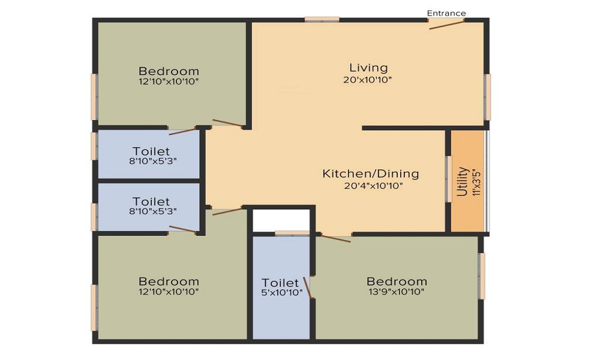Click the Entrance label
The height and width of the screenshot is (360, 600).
(446, 13)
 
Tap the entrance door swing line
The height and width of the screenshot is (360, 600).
(446, 25)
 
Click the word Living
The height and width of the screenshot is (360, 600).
(368, 68)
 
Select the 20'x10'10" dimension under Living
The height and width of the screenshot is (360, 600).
(368, 80)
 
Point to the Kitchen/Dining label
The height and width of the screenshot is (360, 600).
(371, 173)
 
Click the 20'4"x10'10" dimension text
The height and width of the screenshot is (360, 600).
(373, 187)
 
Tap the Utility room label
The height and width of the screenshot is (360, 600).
(462, 181)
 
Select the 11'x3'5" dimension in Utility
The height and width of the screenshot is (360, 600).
(476, 182)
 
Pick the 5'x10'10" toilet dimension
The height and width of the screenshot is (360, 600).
(281, 293)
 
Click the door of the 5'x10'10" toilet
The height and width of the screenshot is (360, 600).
(308, 287)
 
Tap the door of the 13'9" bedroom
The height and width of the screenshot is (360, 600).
(335, 238)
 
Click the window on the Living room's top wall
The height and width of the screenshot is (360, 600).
(322, 19)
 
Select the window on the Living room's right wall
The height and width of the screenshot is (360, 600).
(487, 97)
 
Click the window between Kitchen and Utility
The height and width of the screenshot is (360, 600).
(448, 179)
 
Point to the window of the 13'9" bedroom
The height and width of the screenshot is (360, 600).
(482, 276)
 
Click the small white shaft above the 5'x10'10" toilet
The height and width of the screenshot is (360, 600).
(281, 220)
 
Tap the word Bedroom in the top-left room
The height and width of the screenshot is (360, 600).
(169, 71)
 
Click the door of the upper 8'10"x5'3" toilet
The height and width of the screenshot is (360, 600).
(183, 131)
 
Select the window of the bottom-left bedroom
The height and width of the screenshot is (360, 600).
(94, 308)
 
